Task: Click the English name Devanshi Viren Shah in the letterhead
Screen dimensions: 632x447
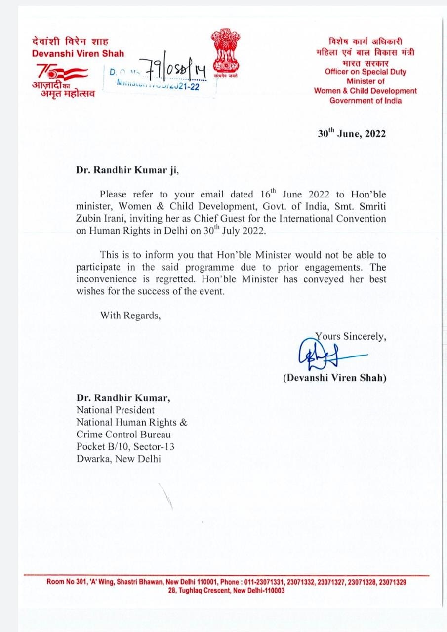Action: [78, 53]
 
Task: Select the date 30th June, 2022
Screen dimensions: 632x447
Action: [352, 134]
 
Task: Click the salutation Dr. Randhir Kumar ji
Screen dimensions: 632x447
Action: [125, 170]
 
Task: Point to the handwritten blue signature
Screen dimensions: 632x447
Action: [321, 355]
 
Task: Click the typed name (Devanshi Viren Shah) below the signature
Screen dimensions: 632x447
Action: [334, 378]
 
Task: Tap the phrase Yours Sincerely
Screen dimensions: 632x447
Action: [351, 336]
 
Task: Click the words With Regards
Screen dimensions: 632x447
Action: [130, 315]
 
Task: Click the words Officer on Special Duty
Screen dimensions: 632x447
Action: [366, 72]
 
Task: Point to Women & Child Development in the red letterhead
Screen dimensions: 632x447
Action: [366, 91]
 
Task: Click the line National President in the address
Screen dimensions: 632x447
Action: [115, 410]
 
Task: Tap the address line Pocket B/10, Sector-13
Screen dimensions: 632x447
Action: [125, 446]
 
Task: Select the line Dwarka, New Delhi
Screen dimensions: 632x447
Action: [118, 459]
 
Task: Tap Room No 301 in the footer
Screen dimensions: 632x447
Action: [66, 582]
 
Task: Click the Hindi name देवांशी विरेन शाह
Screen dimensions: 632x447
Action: [70, 41]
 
